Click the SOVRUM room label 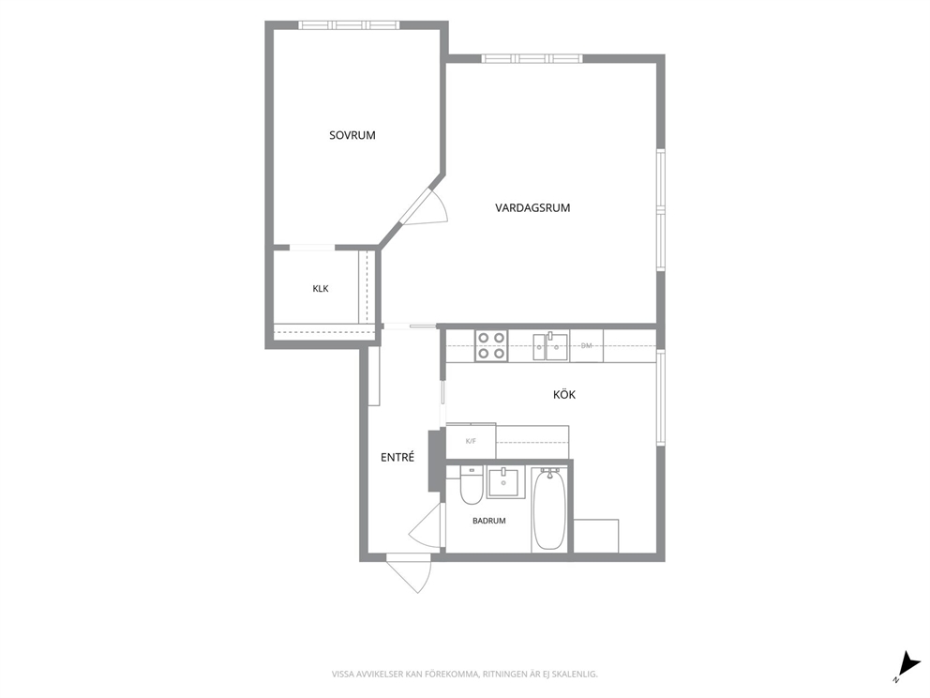tap(352, 135)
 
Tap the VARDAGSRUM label tap(532, 207)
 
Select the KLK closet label tap(321, 289)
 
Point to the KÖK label tap(564, 394)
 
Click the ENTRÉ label tap(397, 457)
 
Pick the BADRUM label tap(489, 521)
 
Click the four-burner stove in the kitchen tap(491, 345)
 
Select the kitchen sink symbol tap(550, 346)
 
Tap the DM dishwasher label tap(587, 345)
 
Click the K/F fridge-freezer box tap(471, 441)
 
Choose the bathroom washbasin tap(506, 482)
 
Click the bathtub tap(549, 509)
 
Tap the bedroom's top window tap(350, 25)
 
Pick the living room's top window tap(532, 58)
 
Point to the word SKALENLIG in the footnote tap(577, 675)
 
